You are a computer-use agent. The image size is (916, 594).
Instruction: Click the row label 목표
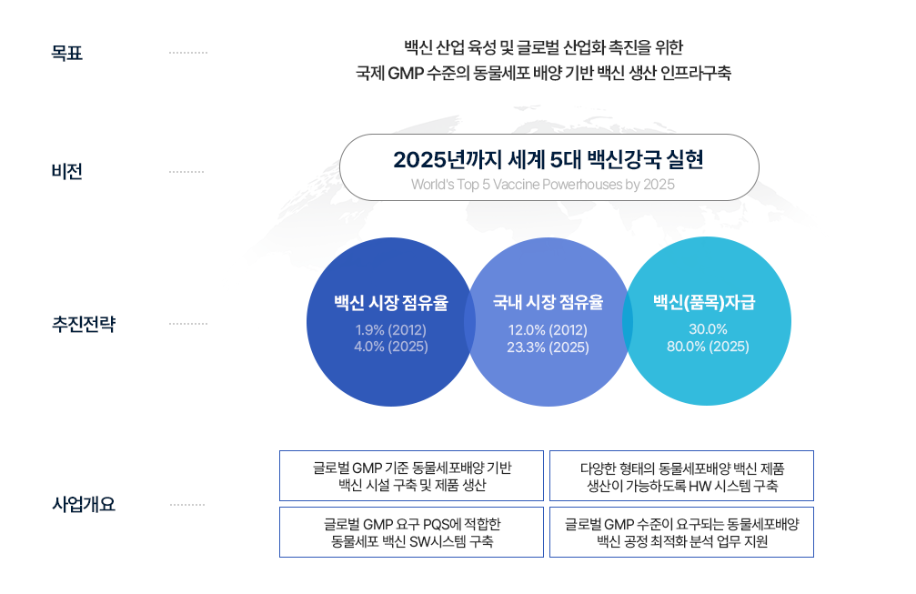pos(66,53)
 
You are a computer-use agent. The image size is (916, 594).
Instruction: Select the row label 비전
pos(66,172)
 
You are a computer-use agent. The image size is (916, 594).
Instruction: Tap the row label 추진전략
pos(84,324)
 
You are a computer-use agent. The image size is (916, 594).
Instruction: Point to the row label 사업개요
pos(84,504)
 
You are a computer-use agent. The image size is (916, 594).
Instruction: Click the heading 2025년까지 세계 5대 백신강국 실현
pos(549,159)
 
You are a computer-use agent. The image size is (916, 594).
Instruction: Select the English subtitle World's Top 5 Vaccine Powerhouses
pos(543,185)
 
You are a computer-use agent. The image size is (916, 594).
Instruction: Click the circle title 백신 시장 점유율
pos(391,303)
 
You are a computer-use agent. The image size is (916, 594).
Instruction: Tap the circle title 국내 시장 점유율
pos(548,302)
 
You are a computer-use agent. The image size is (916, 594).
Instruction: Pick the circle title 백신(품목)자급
pos(704,303)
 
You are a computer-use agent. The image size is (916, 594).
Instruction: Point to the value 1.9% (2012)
pos(391,330)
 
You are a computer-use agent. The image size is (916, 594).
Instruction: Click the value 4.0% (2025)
pos(391,347)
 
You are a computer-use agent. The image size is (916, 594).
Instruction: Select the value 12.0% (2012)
pos(548,330)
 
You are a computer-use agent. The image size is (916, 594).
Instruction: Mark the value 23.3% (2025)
pos(548,347)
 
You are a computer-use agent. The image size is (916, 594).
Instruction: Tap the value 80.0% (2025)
pos(708,347)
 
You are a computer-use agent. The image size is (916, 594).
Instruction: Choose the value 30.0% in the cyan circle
pos(708,329)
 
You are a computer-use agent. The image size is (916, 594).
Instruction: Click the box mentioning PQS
pos(411,532)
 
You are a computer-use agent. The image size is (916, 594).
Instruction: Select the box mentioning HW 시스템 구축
pos(681,476)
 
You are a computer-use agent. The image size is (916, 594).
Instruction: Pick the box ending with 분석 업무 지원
pos(681,532)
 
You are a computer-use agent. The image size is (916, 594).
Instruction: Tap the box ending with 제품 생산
pos(411,476)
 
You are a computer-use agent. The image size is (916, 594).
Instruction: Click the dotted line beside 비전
pos(186,172)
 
